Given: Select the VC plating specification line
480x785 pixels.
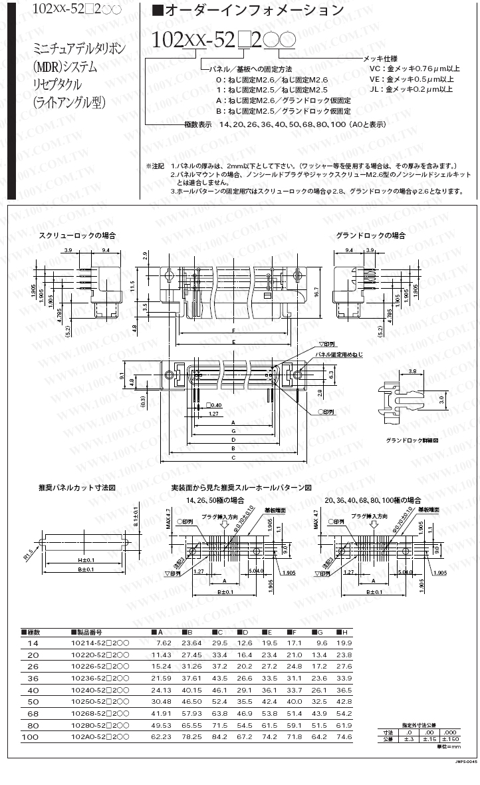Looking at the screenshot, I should coord(414,68).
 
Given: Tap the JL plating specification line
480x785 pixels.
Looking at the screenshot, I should coord(411,88).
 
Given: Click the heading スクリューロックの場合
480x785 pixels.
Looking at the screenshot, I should coord(77,235).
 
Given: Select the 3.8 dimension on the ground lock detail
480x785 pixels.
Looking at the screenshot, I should coord(412,371).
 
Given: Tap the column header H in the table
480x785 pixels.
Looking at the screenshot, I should coord(342,631).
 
